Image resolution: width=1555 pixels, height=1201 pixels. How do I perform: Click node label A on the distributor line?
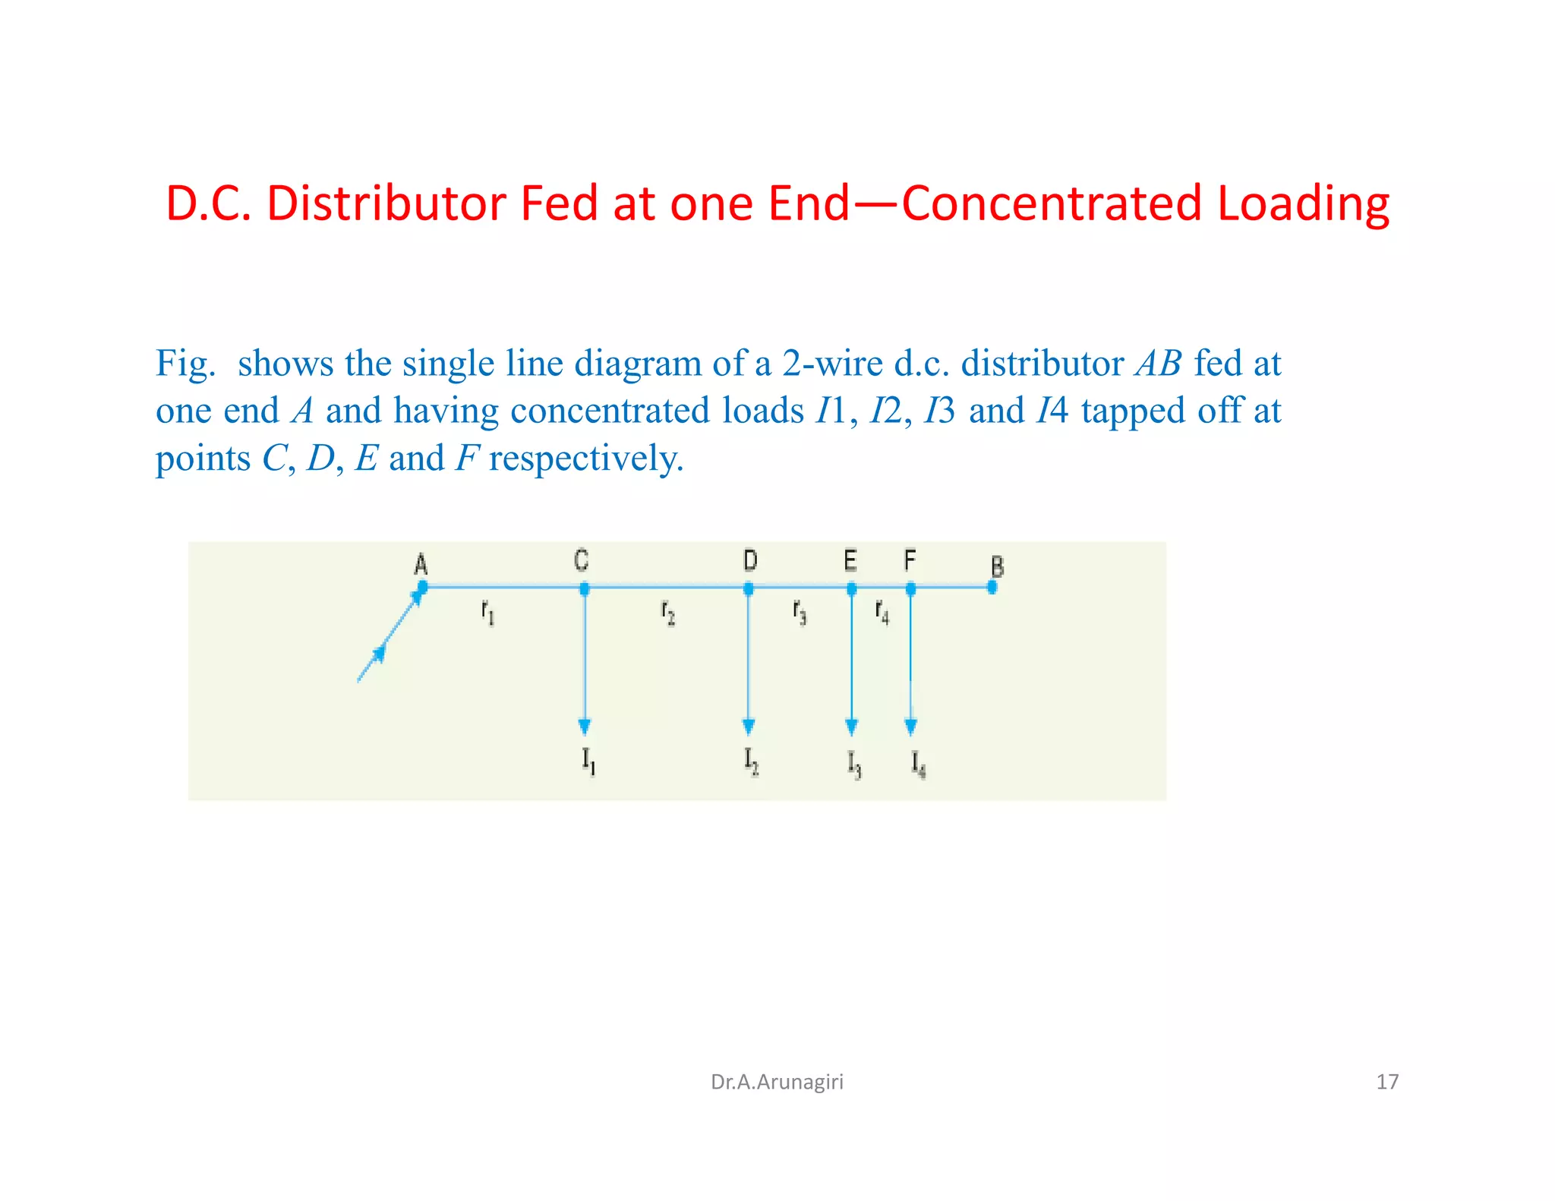[421, 565]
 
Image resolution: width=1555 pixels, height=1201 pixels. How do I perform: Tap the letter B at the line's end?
[997, 567]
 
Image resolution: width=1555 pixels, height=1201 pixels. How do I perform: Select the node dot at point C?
[584, 588]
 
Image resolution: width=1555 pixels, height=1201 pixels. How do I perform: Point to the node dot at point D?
[749, 588]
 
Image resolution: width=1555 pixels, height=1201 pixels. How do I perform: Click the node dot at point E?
[851, 588]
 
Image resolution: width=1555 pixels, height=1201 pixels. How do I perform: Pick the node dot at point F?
[910, 588]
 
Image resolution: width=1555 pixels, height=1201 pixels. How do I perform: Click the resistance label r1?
[488, 611]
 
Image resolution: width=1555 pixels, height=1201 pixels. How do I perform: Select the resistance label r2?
[668, 612]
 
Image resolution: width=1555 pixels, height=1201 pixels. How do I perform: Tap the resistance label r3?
[800, 611]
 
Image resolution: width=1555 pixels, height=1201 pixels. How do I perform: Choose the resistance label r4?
[882, 611]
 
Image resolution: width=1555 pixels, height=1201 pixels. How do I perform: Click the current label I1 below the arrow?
[588, 761]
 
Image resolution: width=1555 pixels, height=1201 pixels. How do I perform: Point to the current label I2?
[751, 761]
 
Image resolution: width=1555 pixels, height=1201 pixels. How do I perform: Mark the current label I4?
[919, 764]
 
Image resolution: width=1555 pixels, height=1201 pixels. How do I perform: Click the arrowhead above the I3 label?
[851, 727]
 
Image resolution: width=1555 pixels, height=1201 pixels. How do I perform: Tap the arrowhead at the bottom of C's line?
[584, 727]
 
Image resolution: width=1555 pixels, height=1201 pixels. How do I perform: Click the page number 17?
[1386, 1082]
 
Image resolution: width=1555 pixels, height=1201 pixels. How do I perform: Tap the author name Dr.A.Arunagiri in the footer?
[777, 1082]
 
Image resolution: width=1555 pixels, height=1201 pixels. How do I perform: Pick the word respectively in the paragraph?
[586, 459]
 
